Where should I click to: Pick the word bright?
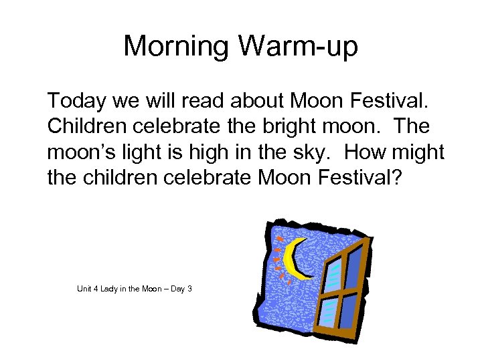[289, 126]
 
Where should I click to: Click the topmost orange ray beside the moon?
[279, 238]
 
